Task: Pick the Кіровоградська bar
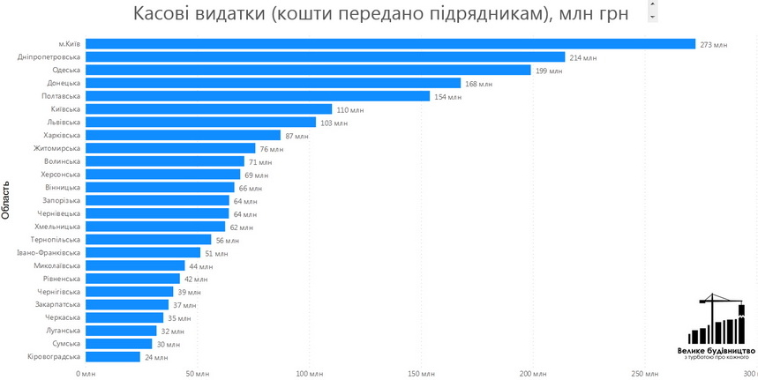(114, 357)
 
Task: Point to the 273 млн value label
(713, 45)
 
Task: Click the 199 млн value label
(548, 71)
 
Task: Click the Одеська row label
(66, 71)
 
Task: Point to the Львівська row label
(63, 123)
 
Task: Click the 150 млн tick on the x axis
(421, 374)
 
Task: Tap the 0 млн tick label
(86, 374)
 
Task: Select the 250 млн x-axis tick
(645, 374)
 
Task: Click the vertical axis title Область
(7, 200)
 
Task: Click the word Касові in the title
(172, 14)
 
